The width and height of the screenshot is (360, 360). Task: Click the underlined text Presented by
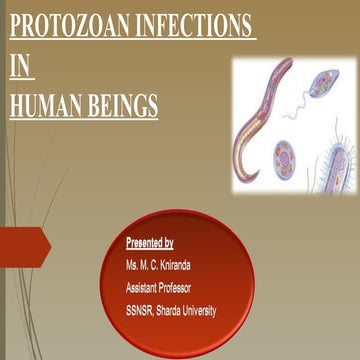[x=150, y=243]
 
